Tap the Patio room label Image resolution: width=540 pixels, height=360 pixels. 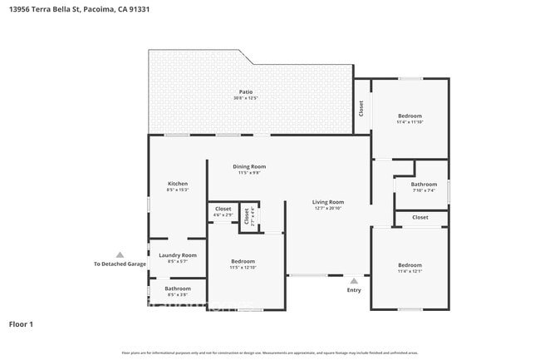(246, 92)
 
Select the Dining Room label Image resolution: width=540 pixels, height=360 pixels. (249, 166)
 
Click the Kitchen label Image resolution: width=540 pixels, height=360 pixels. (178, 184)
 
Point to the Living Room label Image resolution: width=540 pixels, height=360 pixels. (328, 202)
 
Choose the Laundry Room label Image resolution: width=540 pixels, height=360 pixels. (178, 255)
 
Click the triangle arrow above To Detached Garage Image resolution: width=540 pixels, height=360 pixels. (120, 255)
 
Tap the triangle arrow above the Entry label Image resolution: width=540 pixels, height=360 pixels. (354, 281)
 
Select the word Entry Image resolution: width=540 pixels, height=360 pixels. (354, 290)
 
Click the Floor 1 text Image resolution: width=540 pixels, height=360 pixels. (21, 323)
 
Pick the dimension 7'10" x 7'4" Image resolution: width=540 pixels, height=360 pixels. (424, 190)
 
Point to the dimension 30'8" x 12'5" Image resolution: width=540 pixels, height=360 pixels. (246, 99)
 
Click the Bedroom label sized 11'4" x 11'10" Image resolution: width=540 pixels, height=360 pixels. (410, 116)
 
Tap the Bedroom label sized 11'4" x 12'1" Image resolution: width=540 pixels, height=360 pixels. (410, 264)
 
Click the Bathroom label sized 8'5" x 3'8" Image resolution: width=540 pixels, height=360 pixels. (178, 288)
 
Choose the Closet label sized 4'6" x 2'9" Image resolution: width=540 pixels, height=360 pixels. (223, 209)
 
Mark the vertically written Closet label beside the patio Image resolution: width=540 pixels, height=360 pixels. (361, 107)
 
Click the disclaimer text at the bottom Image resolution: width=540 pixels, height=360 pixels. (270, 353)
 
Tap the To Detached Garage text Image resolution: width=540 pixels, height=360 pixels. (120, 264)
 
